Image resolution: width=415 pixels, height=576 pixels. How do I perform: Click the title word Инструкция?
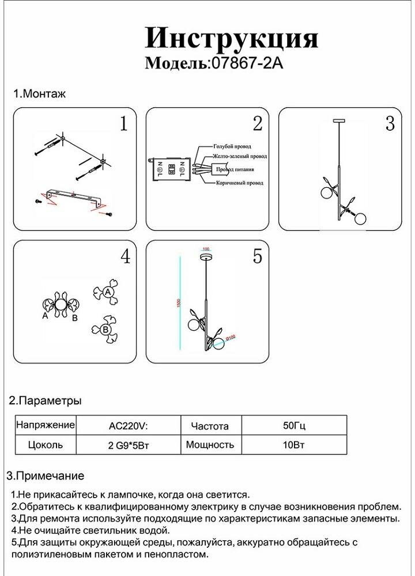point(231,39)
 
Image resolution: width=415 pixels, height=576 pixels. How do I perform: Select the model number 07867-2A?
point(246,63)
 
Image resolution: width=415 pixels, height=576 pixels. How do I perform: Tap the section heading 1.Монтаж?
point(40,94)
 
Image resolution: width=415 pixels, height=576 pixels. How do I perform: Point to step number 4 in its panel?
point(124,257)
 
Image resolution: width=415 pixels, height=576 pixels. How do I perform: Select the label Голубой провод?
point(232,147)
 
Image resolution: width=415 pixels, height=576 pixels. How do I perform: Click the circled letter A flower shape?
point(107,293)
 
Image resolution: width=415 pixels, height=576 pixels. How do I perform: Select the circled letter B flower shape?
point(105,329)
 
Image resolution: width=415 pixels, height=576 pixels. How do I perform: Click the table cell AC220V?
point(128,426)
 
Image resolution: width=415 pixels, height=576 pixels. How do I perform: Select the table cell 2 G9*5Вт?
point(128,445)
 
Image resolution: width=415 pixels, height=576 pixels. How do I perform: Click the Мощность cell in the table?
point(210,445)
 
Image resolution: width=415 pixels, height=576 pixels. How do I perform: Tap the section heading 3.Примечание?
point(45,476)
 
